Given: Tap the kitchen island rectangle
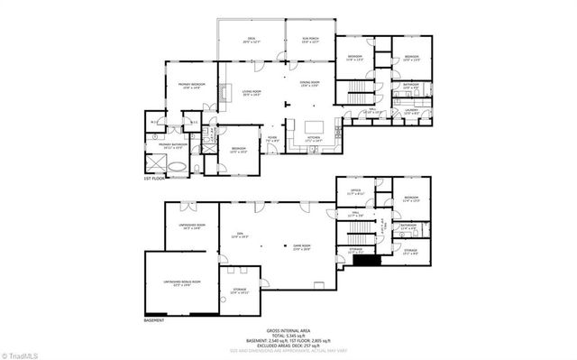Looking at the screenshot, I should pyautogui.click(x=316, y=126).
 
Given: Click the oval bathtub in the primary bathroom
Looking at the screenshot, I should pyautogui.click(x=178, y=168).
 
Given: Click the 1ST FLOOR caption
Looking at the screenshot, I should pyautogui.click(x=154, y=179).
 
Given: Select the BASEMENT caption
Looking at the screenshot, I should pyautogui.click(x=153, y=319).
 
